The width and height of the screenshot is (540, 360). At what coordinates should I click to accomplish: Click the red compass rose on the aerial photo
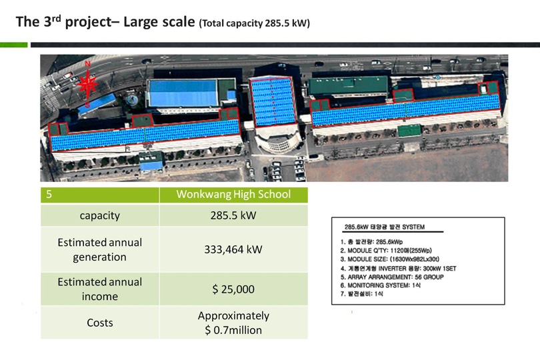pos(87,85)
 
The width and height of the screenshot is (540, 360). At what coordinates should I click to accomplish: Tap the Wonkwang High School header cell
pos(233,194)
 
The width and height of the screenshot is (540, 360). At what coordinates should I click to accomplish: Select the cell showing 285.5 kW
pos(233,215)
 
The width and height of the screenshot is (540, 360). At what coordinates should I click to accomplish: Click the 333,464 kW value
pos(233,249)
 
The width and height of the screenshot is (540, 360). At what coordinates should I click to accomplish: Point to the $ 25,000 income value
pos(233,289)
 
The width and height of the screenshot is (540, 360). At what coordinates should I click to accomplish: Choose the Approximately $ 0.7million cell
pos(233,323)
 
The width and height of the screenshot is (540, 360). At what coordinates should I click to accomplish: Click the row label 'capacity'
pos(100,215)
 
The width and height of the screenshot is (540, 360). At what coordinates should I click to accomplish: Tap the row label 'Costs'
pos(100,323)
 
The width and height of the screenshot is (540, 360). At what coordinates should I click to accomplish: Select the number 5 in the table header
pos(49,194)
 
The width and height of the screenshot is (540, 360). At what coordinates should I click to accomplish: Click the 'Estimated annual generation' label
pos(100,249)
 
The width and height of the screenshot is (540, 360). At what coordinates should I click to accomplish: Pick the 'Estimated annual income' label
pos(100,289)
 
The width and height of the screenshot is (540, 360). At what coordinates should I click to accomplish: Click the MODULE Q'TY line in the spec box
pos(386,251)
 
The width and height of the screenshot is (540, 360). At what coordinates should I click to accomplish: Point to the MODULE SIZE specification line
pos(390,259)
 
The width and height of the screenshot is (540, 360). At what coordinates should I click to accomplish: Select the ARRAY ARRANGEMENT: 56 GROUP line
pos(392,277)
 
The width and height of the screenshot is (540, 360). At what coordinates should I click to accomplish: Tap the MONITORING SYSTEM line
pos(380,285)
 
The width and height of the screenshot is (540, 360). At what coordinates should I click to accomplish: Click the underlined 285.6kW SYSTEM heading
pos(385,227)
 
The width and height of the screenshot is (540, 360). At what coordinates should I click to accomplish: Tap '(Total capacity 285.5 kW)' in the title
pos(255,23)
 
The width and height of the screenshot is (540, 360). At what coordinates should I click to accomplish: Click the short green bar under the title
pos(14,45)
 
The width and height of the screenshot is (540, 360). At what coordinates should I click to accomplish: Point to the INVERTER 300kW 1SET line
pos(398,269)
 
